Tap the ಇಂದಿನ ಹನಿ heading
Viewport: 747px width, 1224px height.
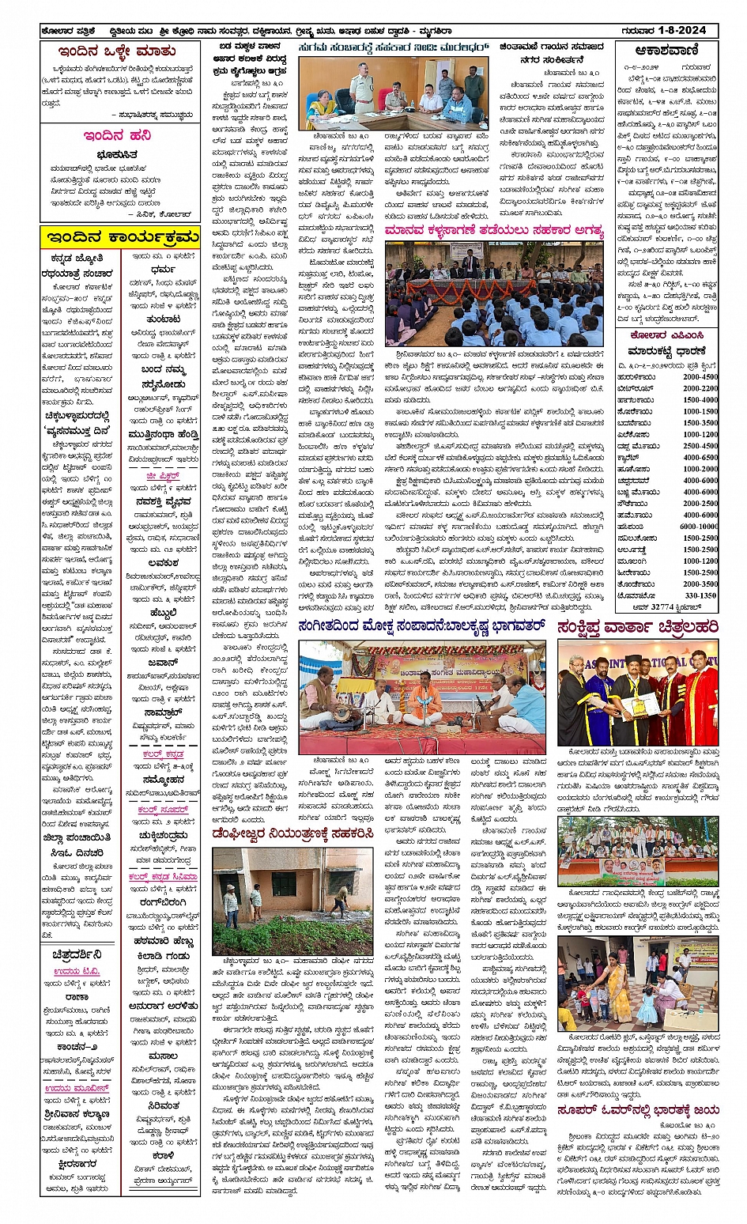pyautogui.click(x=117, y=135)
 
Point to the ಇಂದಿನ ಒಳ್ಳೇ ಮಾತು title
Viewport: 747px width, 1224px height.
pyautogui.click(x=117, y=52)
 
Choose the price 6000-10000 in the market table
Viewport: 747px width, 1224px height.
pyautogui.click(x=697, y=526)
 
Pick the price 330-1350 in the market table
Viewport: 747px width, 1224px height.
pyautogui.click(x=700, y=595)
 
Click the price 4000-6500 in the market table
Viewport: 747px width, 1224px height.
pyautogui.click(x=700, y=457)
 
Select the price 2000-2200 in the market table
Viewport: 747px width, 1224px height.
pyautogui.click(x=700, y=388)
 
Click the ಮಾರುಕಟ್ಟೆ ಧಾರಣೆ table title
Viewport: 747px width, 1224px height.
pyautogui.click(x=666, y=350)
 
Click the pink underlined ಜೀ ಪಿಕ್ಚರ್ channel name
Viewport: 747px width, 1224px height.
pyautogui.click(x=162, y=476)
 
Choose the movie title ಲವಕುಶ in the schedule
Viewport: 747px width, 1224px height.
pyautogui.click(x=162, y=563)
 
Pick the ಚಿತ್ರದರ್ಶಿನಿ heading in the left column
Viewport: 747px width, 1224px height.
pyautogui.click(x=77, y=955)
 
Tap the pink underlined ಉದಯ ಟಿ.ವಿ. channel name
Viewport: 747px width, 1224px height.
pyautogui.click(x=77, y=972)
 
